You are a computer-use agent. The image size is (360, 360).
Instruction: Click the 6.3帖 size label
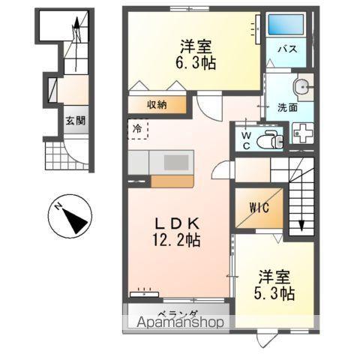click(197, 64)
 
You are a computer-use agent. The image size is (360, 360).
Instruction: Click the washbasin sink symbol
click(303, 87)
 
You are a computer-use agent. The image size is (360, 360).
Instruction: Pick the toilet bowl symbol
click(266, 139)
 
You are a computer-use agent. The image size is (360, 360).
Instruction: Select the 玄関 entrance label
click(73, 119)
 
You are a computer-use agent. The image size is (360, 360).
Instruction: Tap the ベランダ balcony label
click(177, 313)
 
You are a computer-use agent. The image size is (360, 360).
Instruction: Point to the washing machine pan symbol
click(304, 133)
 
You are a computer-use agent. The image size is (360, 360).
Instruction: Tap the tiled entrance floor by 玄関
click(58, 156)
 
